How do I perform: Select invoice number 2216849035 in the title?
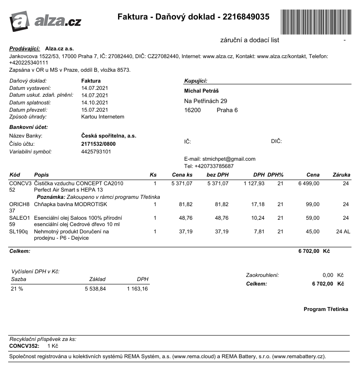244,17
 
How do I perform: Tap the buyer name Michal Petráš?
202,91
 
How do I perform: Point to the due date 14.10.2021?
95,103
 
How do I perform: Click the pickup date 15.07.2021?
95,110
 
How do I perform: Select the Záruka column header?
341,175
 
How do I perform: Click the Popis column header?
41,175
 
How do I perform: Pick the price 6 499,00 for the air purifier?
309,183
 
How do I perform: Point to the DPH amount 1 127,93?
254,183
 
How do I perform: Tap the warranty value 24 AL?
343,232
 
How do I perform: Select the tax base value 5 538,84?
95,289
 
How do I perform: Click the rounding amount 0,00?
327,275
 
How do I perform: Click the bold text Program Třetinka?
326,309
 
